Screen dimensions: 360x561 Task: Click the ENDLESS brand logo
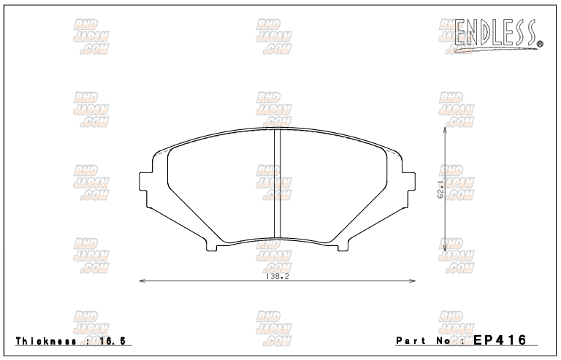click(x=496, y=31)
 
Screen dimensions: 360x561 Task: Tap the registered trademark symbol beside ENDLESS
click(x=540, y=45)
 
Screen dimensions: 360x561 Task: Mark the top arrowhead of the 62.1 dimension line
click(x=446, y=129)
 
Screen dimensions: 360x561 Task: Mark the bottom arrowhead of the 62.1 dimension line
click(x=446, y=250)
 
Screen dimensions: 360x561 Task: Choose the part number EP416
click(x=499, y=340)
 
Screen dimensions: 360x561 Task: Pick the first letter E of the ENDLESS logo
click(x=462, y=31)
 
